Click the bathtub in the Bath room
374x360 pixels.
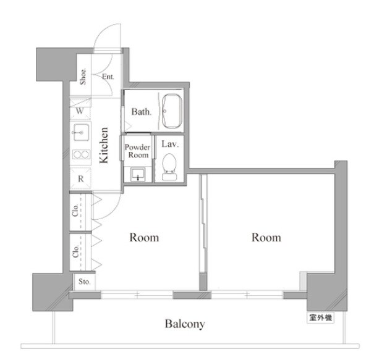[x=172, y=112]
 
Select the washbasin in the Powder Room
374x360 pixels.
[x=138, y=174]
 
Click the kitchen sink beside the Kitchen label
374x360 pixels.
[x=81, y=132]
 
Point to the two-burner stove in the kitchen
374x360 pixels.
[x=81, y=155]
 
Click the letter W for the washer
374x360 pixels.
[x=80, y=111]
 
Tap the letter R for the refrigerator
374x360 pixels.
[x=81, y=178]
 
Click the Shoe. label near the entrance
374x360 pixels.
[x=83, y=77]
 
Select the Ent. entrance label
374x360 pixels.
[x=108, y=77]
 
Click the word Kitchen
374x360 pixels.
[x=104, y=146]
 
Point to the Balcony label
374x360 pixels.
[x=185, y=324]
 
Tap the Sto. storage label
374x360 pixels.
[x=85, y=282]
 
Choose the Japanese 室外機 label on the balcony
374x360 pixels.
[x=320, y=318]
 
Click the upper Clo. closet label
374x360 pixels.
[x=75, y=210]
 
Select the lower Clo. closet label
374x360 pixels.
[x=75, y=251]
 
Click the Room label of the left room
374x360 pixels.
[x=144, y=238]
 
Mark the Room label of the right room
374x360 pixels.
[x=266, y=238]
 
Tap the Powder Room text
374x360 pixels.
[x=138, y=151]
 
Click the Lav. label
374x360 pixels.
[x=170, y=144]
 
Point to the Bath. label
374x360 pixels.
[x=142, y=112]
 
